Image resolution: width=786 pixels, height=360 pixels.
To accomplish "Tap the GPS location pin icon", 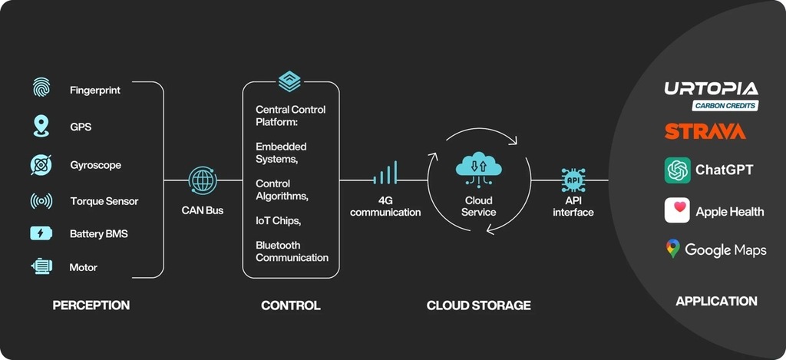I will click(41, 126).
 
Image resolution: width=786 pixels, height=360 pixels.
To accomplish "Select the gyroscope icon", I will click(41, 164).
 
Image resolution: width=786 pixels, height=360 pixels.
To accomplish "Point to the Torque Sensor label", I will click(104, 201).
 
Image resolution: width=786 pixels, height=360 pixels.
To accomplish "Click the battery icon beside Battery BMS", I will click(41, 233).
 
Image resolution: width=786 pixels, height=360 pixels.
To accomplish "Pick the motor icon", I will click(41, 267).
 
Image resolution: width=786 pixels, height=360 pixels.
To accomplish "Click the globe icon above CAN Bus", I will click(203, 180).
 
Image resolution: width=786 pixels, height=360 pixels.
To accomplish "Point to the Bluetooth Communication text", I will click(292, 251).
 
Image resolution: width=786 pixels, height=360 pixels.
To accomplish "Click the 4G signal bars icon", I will click(385, 173).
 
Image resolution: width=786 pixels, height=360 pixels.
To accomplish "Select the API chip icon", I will click(573, 180).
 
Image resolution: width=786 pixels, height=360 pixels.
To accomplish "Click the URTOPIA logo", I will click(711, 89).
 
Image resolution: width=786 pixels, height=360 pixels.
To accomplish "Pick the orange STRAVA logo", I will click(705, 131).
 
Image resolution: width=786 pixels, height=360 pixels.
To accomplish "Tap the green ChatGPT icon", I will click(677, 170).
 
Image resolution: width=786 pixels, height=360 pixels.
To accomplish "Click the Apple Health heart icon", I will click(677, 210).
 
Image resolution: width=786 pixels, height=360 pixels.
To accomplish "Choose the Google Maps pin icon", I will click(673, 249).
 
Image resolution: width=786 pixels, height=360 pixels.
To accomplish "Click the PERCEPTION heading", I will click(91, 306).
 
